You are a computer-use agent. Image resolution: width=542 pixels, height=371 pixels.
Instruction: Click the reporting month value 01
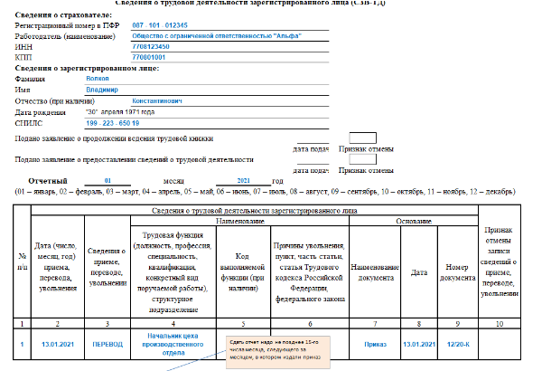point(107,182)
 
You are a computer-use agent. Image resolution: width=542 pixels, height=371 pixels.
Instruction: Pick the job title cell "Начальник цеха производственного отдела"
point(172,344)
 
